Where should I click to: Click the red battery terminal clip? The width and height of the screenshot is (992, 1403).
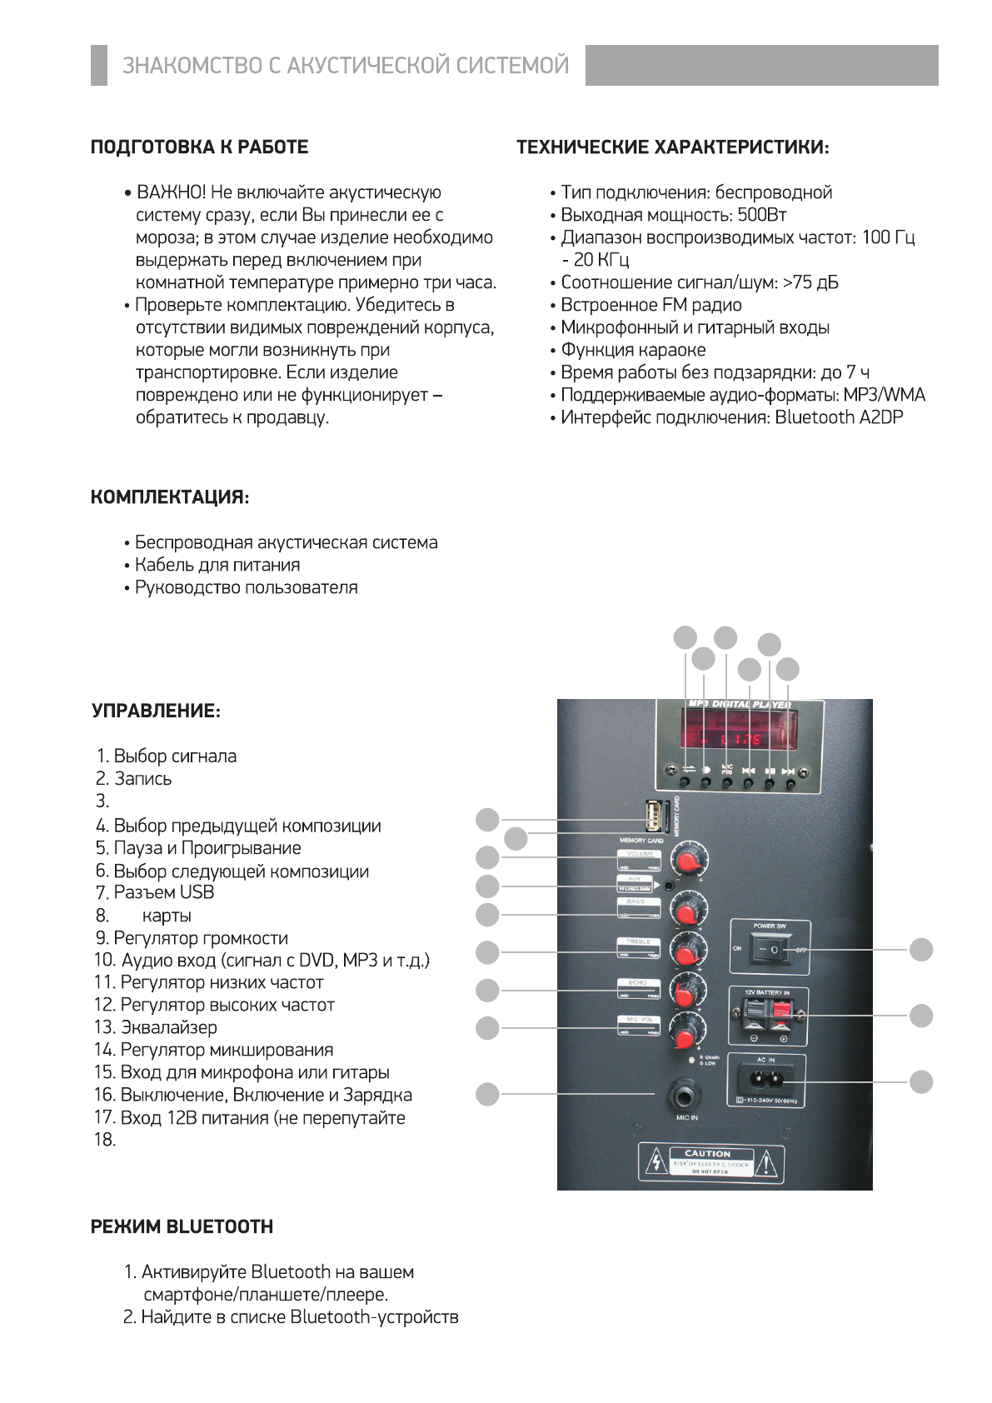point(780,1015)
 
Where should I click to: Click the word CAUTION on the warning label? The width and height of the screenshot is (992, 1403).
point(707,1153)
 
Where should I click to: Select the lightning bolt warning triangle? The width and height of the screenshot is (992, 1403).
point(656,1161)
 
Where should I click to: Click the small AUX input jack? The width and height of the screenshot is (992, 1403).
point(668,886)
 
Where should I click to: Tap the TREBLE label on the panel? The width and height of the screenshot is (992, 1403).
point(638,941)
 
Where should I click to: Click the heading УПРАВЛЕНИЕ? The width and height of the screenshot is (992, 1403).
point(156,711)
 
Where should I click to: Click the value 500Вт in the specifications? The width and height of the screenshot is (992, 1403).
point(761,215)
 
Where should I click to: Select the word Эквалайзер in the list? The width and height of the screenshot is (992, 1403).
point(169,1027)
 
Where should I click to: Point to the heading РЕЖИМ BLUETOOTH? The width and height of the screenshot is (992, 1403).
point(182,1226)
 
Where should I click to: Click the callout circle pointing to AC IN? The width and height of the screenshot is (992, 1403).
point(921,1081)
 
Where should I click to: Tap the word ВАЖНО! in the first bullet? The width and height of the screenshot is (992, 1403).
point(172,192)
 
